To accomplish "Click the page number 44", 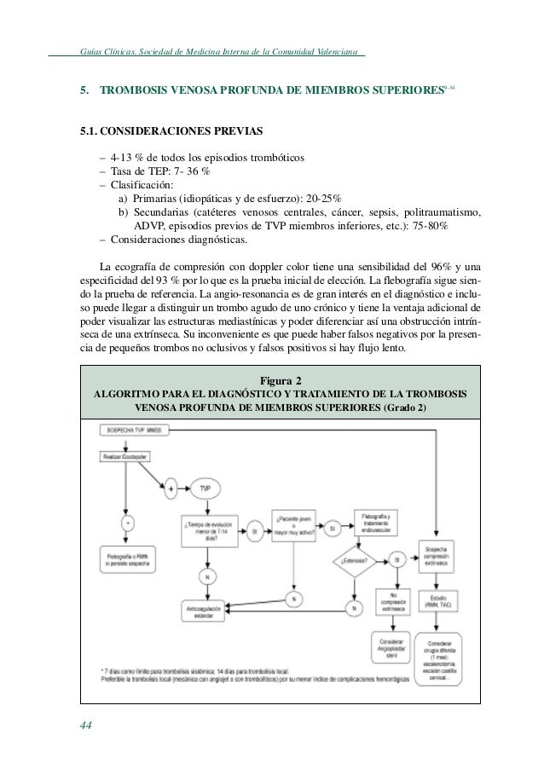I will pyautogui.click(x=86, y=725).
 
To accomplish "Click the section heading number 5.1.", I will pyautogui.click(x=92, y=132).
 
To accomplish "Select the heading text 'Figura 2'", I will pyautogui.click(x=280, y=380).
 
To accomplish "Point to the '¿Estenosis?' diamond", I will pyautogui.click(x=351, y=560).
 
